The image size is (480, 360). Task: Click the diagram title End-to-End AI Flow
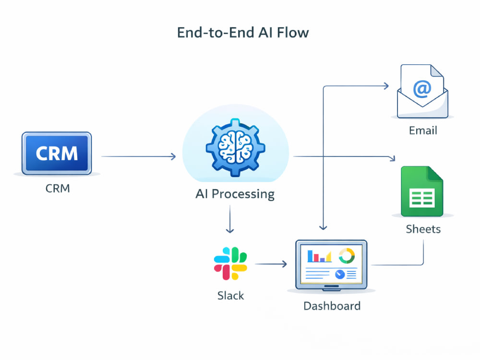coord(243,33)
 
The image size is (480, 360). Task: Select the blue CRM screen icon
coord(57,154)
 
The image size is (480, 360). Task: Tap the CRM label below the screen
coord(58,188)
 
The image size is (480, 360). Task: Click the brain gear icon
coord(235,148)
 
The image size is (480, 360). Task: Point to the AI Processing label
coord(235,194)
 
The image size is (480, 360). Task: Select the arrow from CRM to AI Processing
coord(139,156)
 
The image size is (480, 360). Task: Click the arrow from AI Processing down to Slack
coord(230,219)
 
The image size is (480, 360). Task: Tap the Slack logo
coord(230,264)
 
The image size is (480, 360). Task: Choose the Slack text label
coord(230,296)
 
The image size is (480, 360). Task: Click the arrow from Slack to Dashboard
coord(271,264)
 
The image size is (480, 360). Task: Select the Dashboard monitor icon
coord(331,265)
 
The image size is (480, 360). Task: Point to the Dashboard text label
coord(332,306)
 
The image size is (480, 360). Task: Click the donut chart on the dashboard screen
coord(347,255)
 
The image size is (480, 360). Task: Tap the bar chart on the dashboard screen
coord(319,256)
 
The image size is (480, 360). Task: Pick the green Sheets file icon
coord(422,192)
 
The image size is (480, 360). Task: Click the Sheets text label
coord(423,229)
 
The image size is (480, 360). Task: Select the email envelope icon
coord(422,91)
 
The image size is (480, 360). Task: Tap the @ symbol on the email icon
coord(422,89)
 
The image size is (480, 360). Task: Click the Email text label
coord(423,131)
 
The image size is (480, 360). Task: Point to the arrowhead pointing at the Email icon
coord(386,86)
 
